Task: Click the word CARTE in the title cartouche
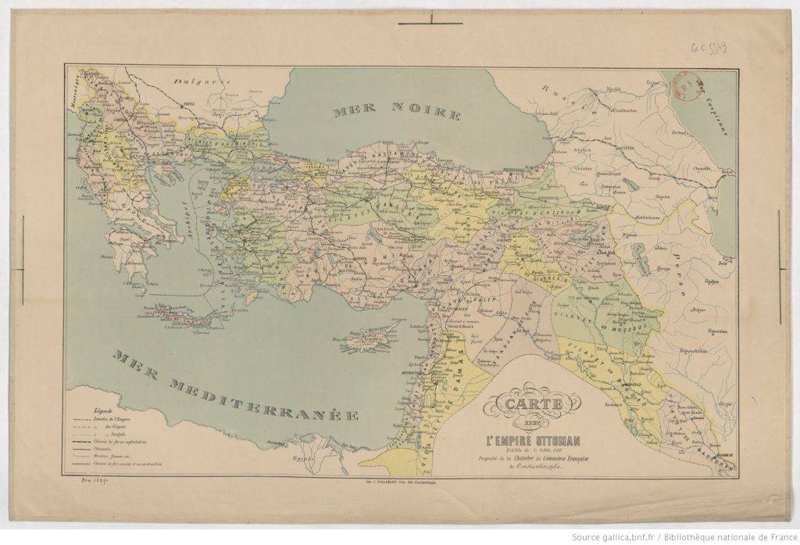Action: pos(534,406)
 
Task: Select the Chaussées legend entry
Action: pos(106,449)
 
